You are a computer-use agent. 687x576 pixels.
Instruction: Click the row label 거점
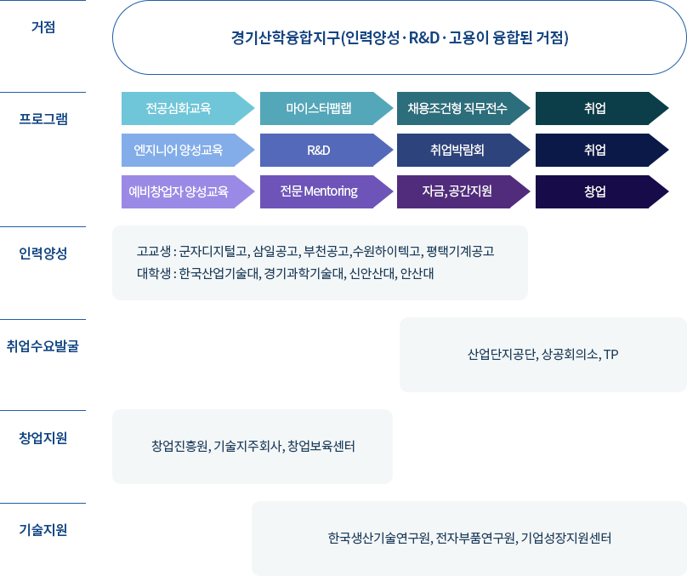coord(43,27)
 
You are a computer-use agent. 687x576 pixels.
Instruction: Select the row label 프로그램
coord(43,119)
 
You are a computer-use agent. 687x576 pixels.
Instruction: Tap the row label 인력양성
coord(43,253)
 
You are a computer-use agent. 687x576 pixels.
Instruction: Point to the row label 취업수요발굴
coord(43,346)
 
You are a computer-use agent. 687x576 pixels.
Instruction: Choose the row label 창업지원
coord(43,438)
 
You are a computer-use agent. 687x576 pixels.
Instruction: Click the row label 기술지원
coord(43,530)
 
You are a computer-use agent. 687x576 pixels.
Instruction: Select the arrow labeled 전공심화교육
coord(188,108)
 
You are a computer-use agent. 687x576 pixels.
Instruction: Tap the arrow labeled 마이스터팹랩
coord(326,108)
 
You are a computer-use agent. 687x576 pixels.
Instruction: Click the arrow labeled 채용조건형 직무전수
coord(463,108)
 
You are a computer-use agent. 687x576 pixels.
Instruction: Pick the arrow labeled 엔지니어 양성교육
coord(188,150)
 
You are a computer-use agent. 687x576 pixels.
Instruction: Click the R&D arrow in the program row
coord(326,150)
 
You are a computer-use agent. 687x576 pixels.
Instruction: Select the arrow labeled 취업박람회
coord(463,150)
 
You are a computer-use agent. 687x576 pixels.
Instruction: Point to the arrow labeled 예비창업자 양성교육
coord(188,191)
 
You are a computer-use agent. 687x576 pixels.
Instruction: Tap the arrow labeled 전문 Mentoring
coord(326,191)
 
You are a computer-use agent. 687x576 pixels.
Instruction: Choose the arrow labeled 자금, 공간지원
coord(463,191)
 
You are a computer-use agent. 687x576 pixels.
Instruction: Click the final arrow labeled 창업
coord(602,191)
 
